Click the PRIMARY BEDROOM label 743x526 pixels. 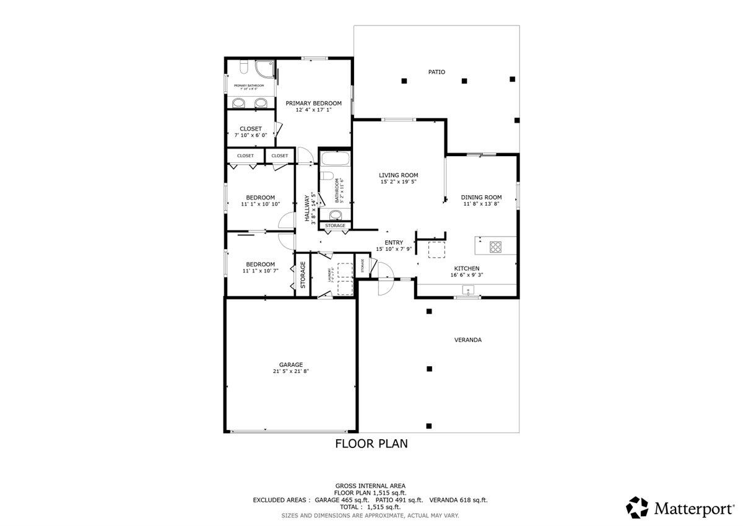(x=313, y=103)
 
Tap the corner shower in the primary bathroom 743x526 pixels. (x=265, y=69)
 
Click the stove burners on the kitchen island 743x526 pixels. (x=496, y=246)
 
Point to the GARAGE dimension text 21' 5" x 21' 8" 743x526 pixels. (x=290, y=371)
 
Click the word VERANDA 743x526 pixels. (x=467, y=340)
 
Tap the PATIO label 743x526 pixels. (x=437, y=72)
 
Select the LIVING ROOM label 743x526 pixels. (x=399, y=175)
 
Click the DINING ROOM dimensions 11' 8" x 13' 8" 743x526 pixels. (x=481, y=204)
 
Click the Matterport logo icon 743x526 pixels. (x=637, y=506)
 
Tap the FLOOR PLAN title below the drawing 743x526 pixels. (x=371, y=444)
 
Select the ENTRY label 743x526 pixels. (x=394, y=243)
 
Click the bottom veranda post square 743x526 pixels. (x=429, y=426)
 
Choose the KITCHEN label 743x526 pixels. (x=467, y=268)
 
